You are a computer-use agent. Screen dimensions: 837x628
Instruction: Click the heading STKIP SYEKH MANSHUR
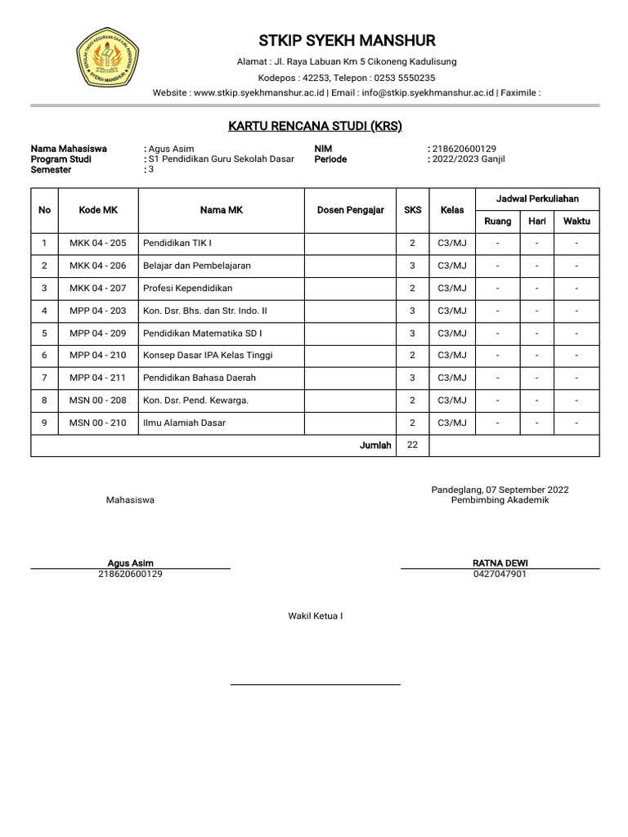(x=347, y=41)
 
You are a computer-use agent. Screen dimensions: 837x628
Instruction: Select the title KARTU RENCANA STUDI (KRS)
(x=315, y=126)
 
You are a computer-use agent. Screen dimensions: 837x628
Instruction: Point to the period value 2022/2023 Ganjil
(x=469, y=159)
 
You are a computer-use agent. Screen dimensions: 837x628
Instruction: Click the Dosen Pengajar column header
(x=350, y=210)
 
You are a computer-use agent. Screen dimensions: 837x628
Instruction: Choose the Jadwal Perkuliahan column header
(x=537, y=199)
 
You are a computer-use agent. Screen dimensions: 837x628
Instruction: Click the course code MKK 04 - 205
(x=98, y=244)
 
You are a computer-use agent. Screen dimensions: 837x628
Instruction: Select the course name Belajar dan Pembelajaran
(x=197, y=266)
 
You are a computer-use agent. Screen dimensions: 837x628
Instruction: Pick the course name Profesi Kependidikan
(x=187, y=289)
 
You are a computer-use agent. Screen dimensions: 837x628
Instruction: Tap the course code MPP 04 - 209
(x=98, y=333)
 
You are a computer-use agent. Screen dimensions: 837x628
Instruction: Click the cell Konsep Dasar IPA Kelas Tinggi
(x=208, y=356)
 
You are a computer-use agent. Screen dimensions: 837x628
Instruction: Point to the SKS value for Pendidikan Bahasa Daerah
(x=412, y=378)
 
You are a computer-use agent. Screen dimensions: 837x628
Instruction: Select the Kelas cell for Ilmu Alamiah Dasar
(x=452, y=423)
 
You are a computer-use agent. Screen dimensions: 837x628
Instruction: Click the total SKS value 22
(x=412, y=445)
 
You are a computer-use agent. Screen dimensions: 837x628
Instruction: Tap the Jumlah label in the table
(x=376, y=445)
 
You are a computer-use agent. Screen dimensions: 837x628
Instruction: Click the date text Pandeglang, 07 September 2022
(x=500, y=490)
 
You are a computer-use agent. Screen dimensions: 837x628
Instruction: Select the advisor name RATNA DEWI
(x=500, y=563)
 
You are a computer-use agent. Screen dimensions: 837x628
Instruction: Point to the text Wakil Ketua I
(x=315, y=616)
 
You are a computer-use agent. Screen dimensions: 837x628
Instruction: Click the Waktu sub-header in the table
(x=576, y=222)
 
